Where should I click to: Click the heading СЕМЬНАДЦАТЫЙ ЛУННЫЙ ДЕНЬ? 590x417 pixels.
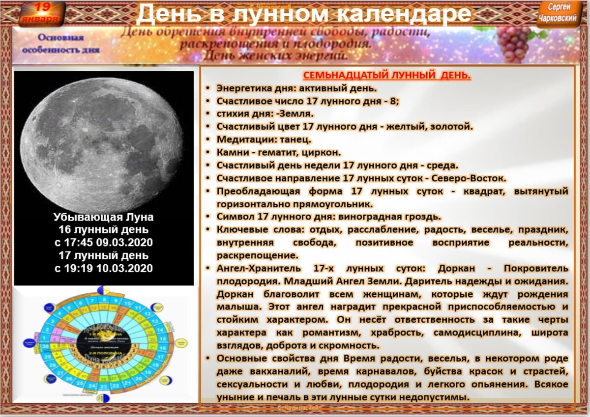(x=387, y=75)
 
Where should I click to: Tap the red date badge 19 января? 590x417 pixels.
(x=43, y=13)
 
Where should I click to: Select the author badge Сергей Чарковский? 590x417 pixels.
(x=565, y=13)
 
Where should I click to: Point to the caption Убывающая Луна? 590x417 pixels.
(x=104, y=217)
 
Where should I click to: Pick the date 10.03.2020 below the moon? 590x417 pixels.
(x=128, y=268)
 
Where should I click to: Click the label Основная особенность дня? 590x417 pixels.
(x=61, y=44)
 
